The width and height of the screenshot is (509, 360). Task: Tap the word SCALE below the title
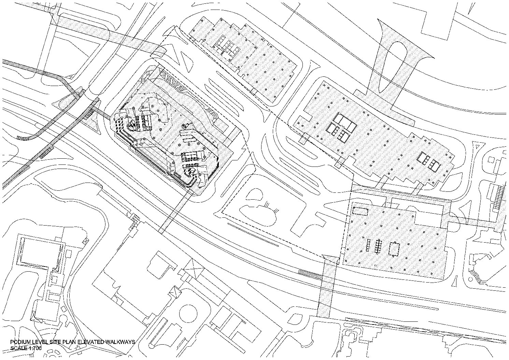[x=19, y=348]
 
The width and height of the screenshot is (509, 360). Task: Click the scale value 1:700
[x=35, y=348]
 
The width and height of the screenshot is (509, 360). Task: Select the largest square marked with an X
[x=194, y=269]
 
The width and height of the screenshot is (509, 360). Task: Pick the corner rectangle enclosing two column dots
[x=360, y=211]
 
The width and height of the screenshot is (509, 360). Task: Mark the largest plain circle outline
[x=188, y=313]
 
